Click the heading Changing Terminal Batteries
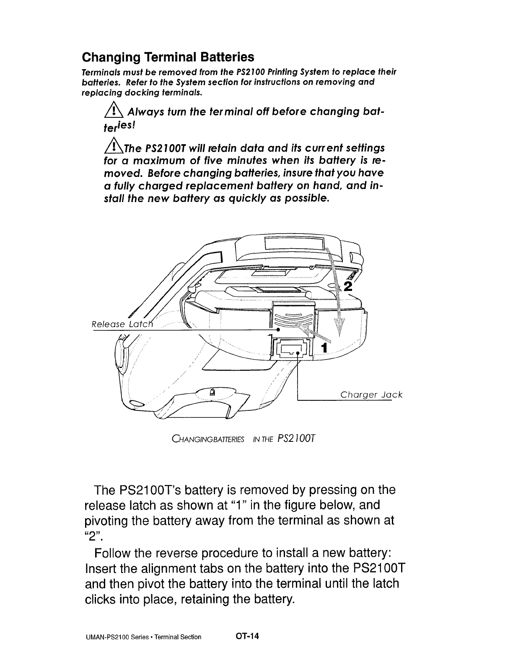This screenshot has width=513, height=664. pos(168,57)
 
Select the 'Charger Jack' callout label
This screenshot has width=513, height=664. pos(371,394)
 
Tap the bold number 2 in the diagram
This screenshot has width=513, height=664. pos(348,286)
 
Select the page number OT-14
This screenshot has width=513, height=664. pos(248,636)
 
